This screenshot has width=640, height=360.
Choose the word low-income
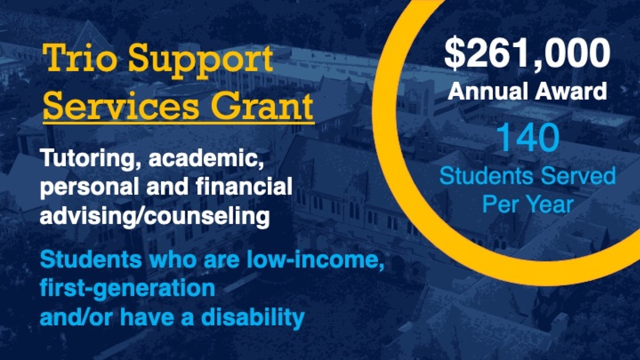[315, 261]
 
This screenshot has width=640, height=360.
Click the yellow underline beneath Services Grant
[179, 123]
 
